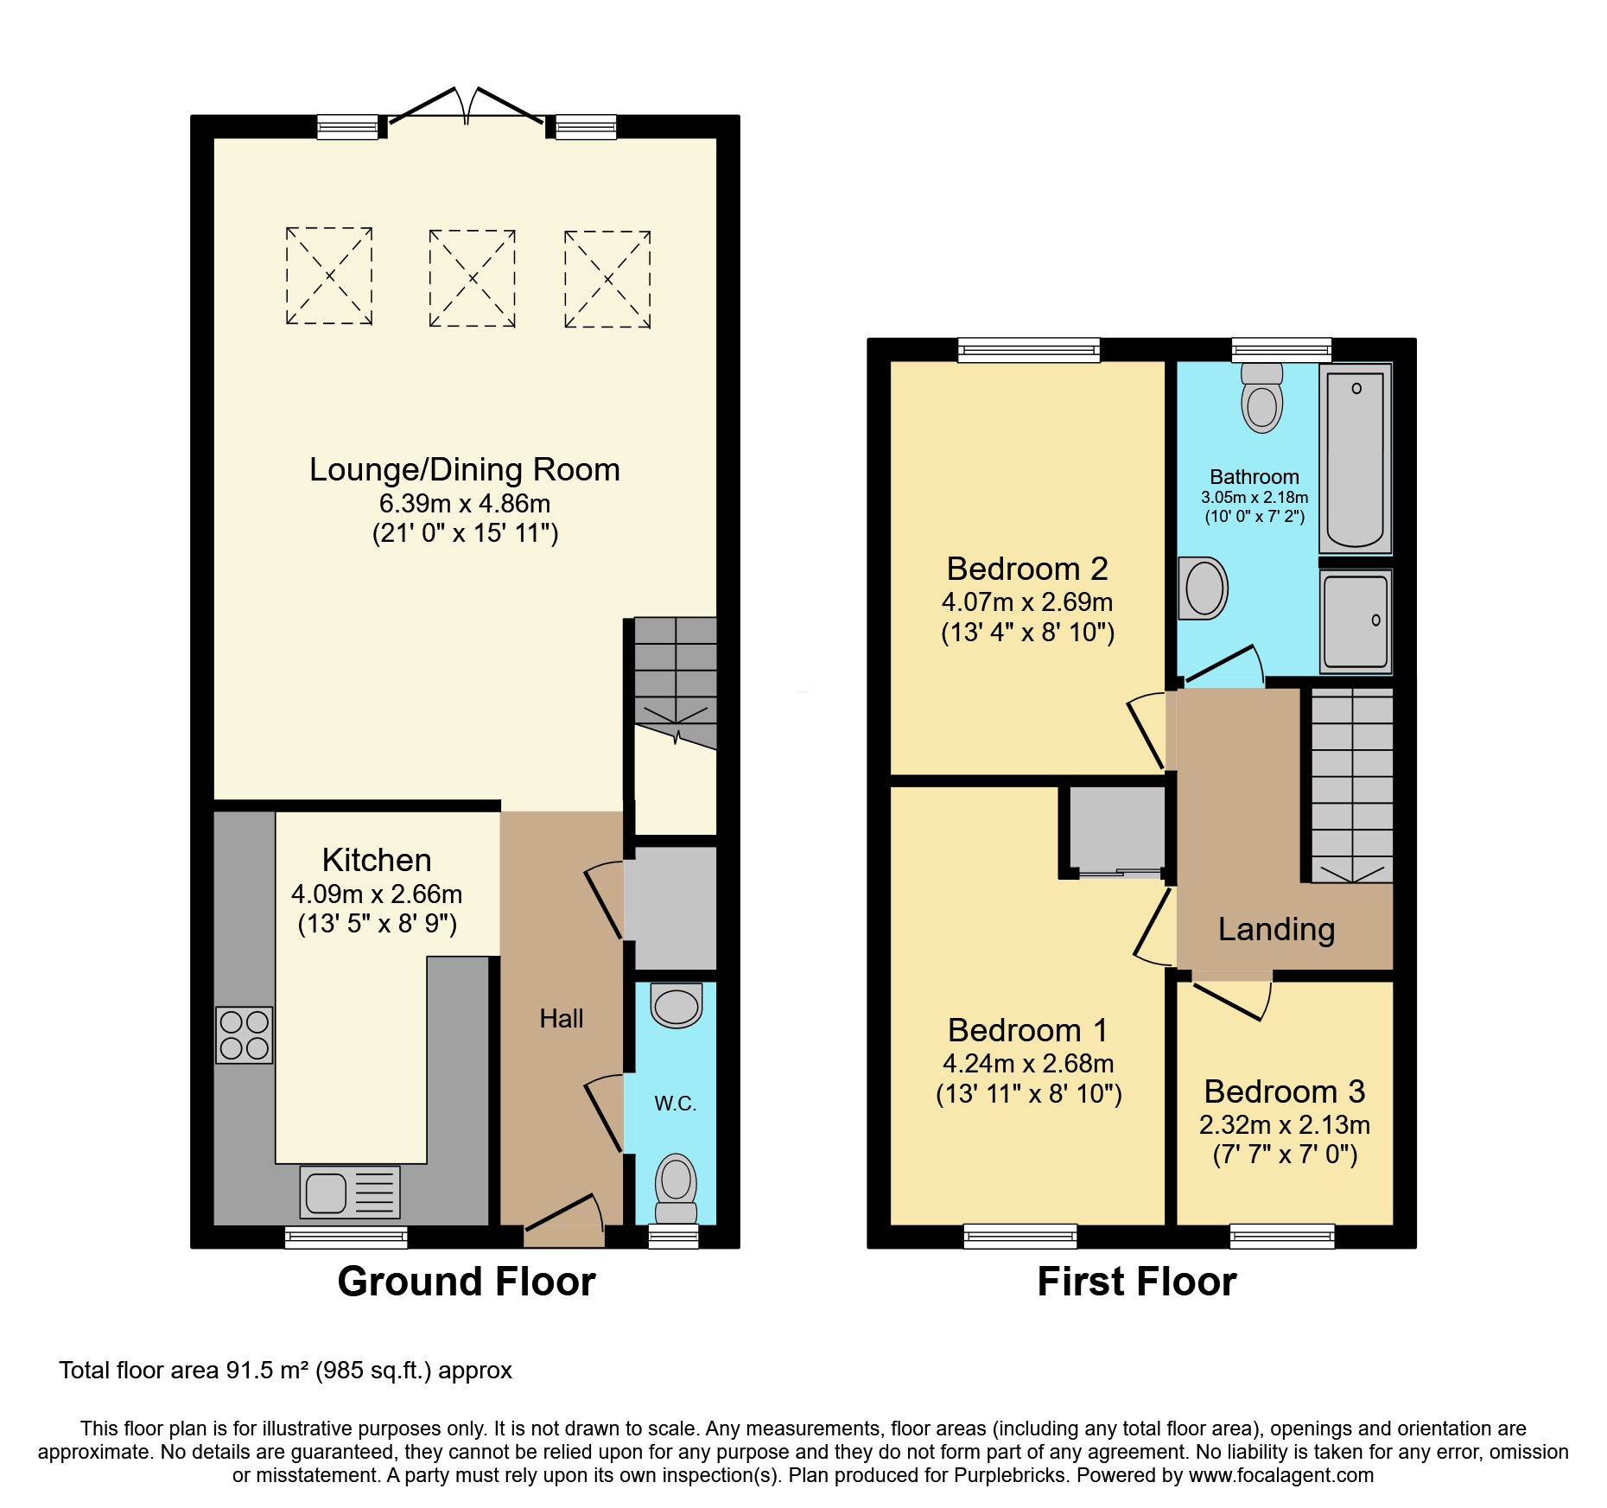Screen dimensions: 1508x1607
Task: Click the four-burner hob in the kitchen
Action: pos(245,1034)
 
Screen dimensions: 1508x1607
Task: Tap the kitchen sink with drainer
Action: pos(350,1192)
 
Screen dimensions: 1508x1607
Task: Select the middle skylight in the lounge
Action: pos(472,278)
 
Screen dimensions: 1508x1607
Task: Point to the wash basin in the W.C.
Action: pos(676,1006)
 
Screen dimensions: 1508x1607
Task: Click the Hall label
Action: pos(561,1019)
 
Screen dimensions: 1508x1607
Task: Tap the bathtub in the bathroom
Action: pos(1355,459)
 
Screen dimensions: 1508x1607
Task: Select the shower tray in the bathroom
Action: pos(1355,621)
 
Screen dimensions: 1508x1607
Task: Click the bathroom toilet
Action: pos(1262,399)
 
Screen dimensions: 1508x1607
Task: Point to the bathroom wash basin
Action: pos(1204,589)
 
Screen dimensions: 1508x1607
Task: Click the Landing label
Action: pos(1276,929)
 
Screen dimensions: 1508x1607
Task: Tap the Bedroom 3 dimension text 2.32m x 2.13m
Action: pos(1284,1125)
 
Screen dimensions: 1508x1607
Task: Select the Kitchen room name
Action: pos(377,860)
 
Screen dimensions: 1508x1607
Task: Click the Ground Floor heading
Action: pos(467,1281)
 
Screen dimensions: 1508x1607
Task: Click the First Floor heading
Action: pos(1136,1281)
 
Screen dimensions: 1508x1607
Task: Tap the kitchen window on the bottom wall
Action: pos(346,1238)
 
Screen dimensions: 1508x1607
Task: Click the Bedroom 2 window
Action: pos(1028,349)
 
